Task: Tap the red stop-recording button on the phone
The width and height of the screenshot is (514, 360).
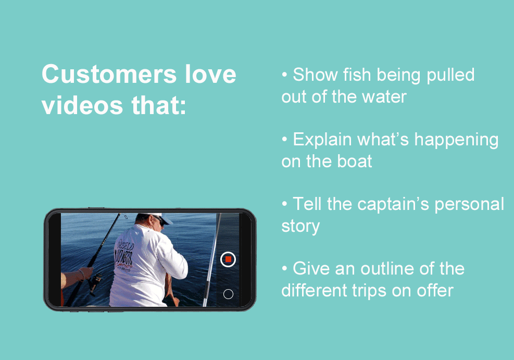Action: coord(228,259)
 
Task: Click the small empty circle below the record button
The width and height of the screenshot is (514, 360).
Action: coord(228,294)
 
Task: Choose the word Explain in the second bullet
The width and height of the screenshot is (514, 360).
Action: coord(323,140)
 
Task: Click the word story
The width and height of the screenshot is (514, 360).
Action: coord(300,226)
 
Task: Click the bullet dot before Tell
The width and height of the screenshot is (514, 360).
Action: coord(284,204)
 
